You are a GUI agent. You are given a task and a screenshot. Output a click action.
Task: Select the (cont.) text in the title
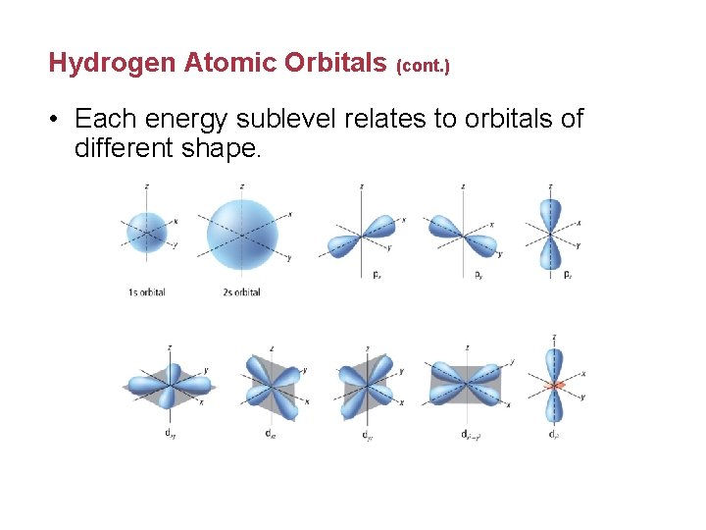coord(423,67)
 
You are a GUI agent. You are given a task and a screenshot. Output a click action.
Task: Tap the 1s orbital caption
coord(146,292)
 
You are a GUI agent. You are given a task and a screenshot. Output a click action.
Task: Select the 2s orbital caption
coord(241,292)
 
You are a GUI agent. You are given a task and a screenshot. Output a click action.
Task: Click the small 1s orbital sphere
coord(146,233)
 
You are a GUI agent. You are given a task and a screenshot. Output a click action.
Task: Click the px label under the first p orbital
coord(378,275)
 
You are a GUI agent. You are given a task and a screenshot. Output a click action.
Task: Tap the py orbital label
coord(476,275)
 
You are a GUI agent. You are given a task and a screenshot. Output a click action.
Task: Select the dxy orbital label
coord(170,433)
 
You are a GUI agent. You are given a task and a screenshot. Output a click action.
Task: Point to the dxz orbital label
coord(270,433)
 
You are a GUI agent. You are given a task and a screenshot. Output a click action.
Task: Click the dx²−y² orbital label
coord(469,433)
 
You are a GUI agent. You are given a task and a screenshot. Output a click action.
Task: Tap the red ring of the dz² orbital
coord(554,386)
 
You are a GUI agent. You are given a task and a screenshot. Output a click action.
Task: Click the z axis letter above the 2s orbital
coord(242,185)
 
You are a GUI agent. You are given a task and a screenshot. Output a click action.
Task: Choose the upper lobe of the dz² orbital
coord(554,360)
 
